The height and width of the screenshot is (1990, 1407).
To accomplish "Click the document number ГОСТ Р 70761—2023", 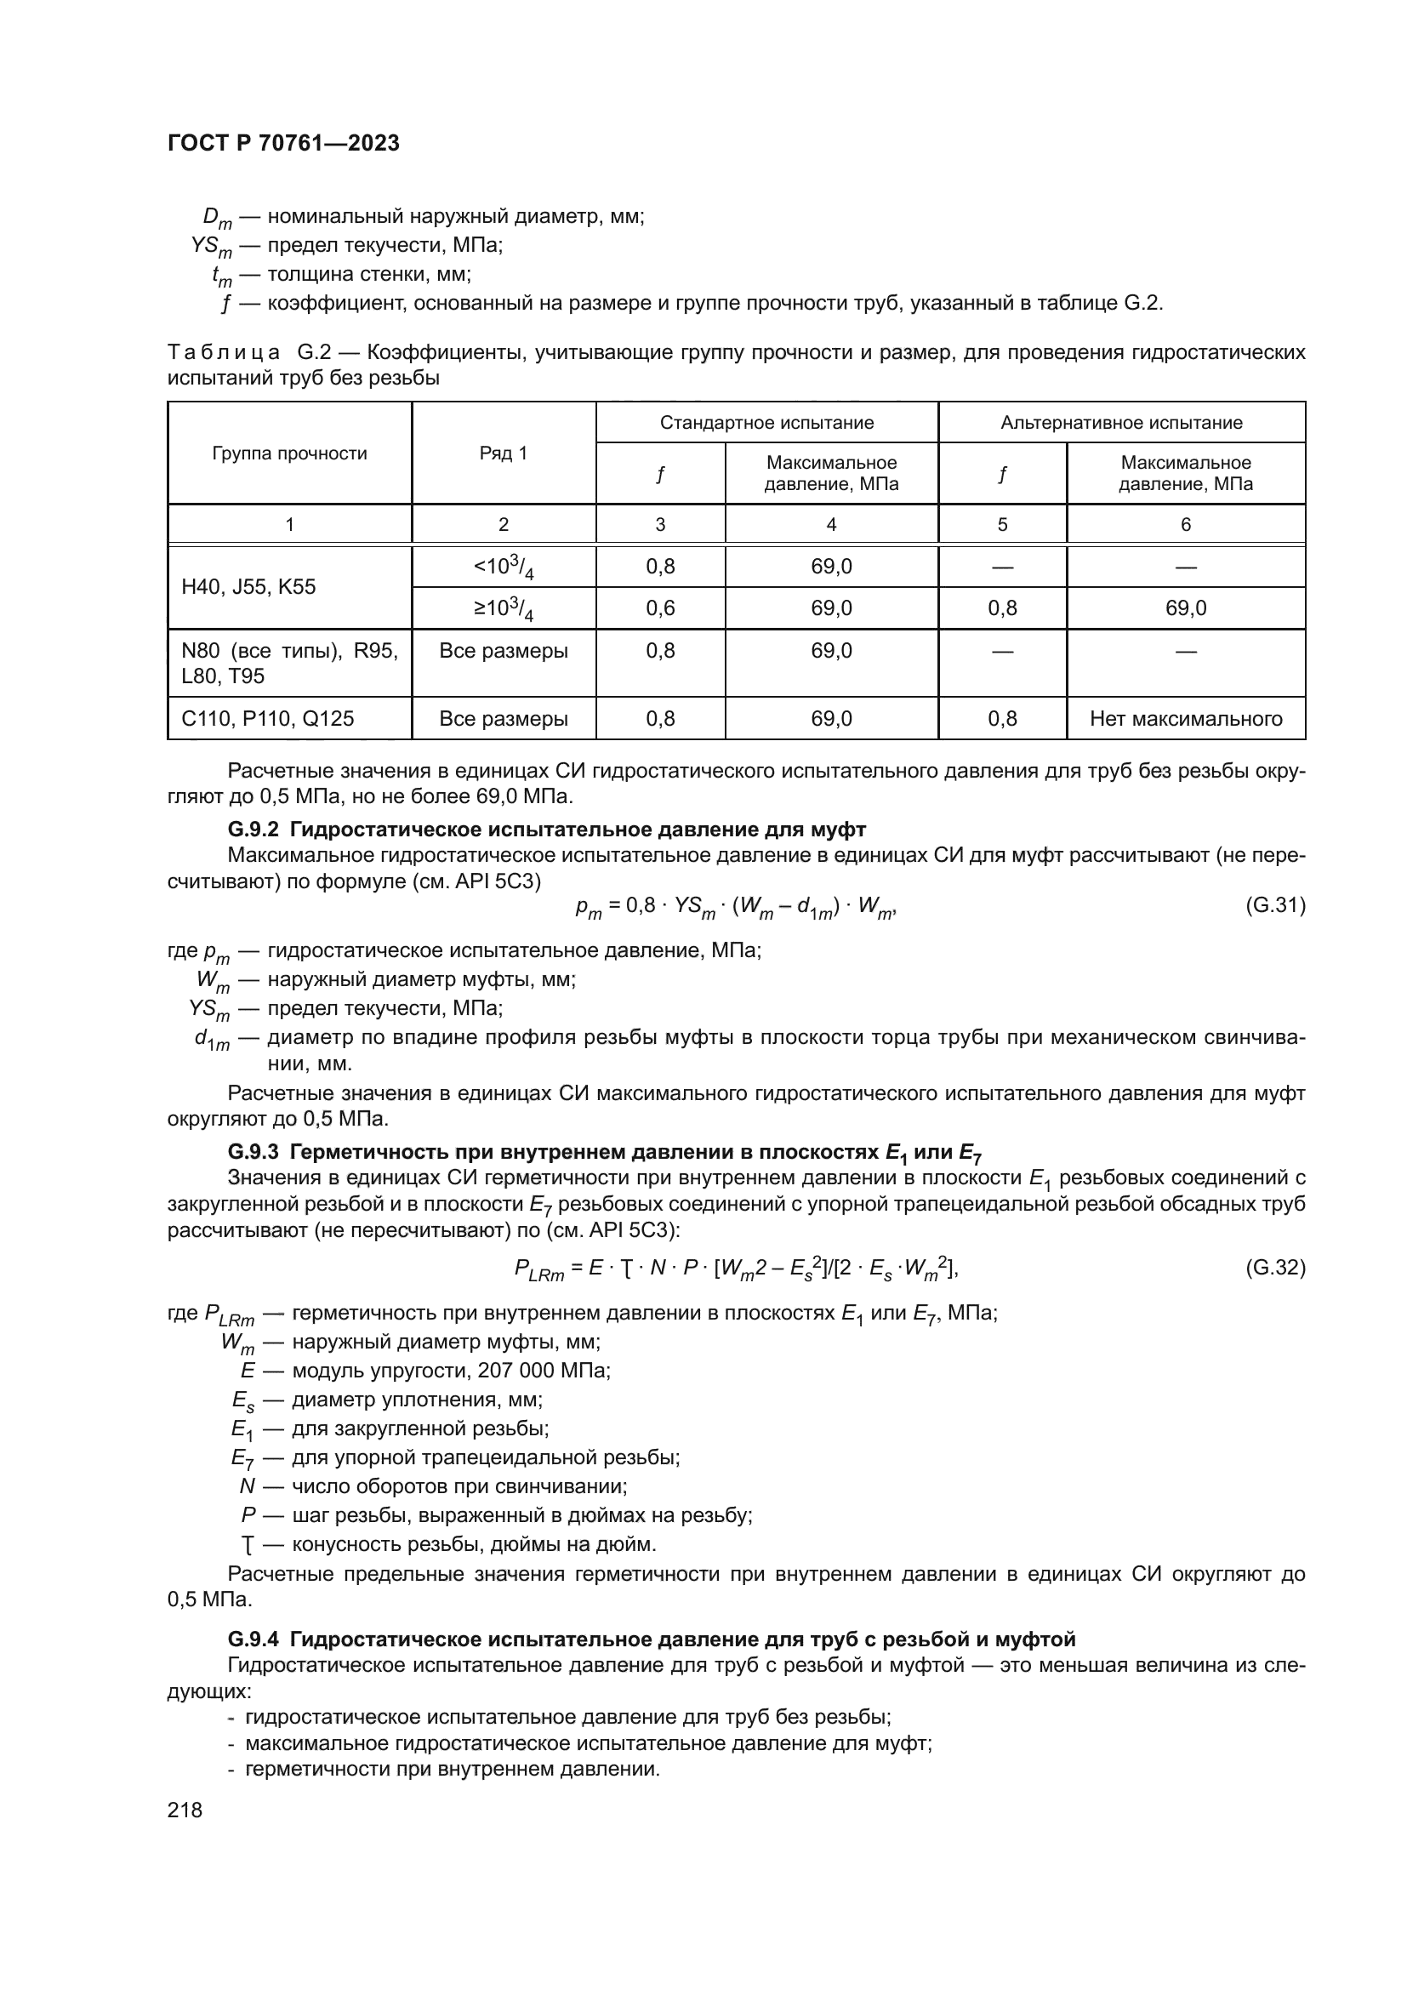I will pyautogui.click(x=283, y=143).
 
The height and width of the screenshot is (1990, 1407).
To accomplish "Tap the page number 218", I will pyautogui.click(x=185, y=1810).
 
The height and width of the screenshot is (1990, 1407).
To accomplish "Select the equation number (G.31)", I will pyautogui.click(x=1274, y=906).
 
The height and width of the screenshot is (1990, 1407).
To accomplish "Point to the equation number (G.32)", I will pyautogui.click(x=1274, y=1268).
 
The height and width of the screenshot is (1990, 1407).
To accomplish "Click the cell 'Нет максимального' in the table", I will pyautogui.click(x=1185, y=719).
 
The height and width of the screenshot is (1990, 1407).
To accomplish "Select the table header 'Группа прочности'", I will pyautogui.click(x=289, y=453).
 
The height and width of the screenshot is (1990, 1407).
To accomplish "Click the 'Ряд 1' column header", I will pyautogui.click(x=504, y=453).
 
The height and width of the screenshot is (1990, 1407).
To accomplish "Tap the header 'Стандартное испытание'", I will pyautogui.click(x=766, y=423).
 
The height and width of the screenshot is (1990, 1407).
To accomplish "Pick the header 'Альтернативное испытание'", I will pyautogui.click(x=1121, y=423).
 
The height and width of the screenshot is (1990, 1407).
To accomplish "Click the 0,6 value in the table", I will pyautogui.click(x=660, y=608).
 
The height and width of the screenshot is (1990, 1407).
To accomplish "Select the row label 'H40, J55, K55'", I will pyautogui.click(x=248, y=587).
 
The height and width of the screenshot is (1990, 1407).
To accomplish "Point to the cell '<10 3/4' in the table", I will pyautogui.click(x=504, y=567).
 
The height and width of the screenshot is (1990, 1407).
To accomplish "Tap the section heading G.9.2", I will pyautogui.click(x=546, y=830).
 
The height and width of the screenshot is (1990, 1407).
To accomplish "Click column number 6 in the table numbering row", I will pyautogui.click(x=1185, y=524).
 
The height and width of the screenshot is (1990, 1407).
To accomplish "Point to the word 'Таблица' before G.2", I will pyautogui.click(x=224, y=353).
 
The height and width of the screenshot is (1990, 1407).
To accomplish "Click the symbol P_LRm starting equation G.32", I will pyautogui.click(x=538, y=1270).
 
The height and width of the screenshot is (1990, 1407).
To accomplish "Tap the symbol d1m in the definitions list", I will pyautogui.click(x=212, y=1039).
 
